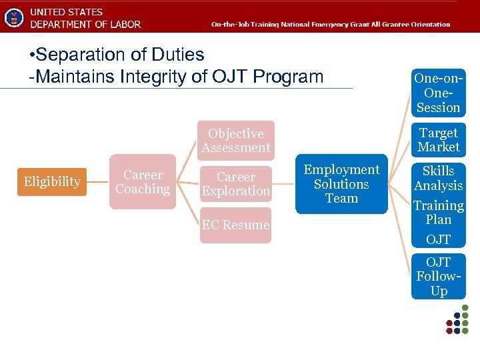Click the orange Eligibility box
pos(52,181)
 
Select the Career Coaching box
pos(143,182)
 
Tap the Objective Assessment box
pos(236,141)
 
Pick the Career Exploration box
pos(236,184)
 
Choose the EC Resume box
pos(236,225)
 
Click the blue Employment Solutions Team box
pos(341,184)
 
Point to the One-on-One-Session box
pos(438,93)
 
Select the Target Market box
pos(438,140)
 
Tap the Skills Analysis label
pos(438,178)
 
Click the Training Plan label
pos(438,212)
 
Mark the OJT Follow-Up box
pos(438,277)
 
